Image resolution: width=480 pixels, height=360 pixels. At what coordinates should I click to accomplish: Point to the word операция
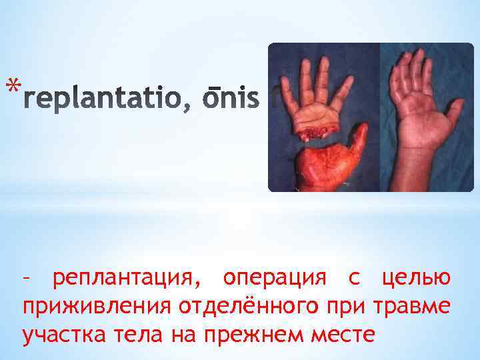273,277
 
